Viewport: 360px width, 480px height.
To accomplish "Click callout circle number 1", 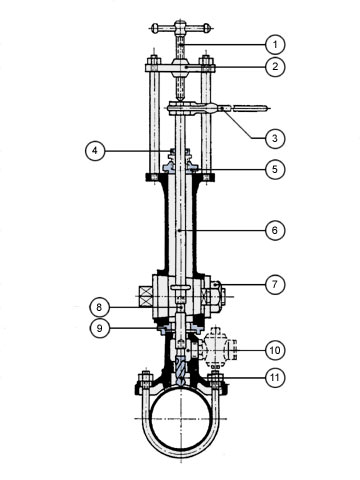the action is tap(275, 44).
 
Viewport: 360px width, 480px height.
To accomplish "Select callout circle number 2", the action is tap(275, 67).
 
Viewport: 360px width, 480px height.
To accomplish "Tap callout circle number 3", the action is tap(275, 138).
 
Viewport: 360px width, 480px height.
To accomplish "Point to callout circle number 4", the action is tap(95, 151).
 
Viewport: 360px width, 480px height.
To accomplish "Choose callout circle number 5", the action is tap(275, 169).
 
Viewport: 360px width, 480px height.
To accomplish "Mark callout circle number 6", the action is tap(275, 230).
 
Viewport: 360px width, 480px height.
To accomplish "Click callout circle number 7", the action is tap(275, 284).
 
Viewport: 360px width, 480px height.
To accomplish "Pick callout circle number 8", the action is tap(99, 307).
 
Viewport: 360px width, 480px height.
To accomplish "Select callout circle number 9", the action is tap(99, 328).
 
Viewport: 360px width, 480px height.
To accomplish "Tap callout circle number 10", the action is tap(275, 350).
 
